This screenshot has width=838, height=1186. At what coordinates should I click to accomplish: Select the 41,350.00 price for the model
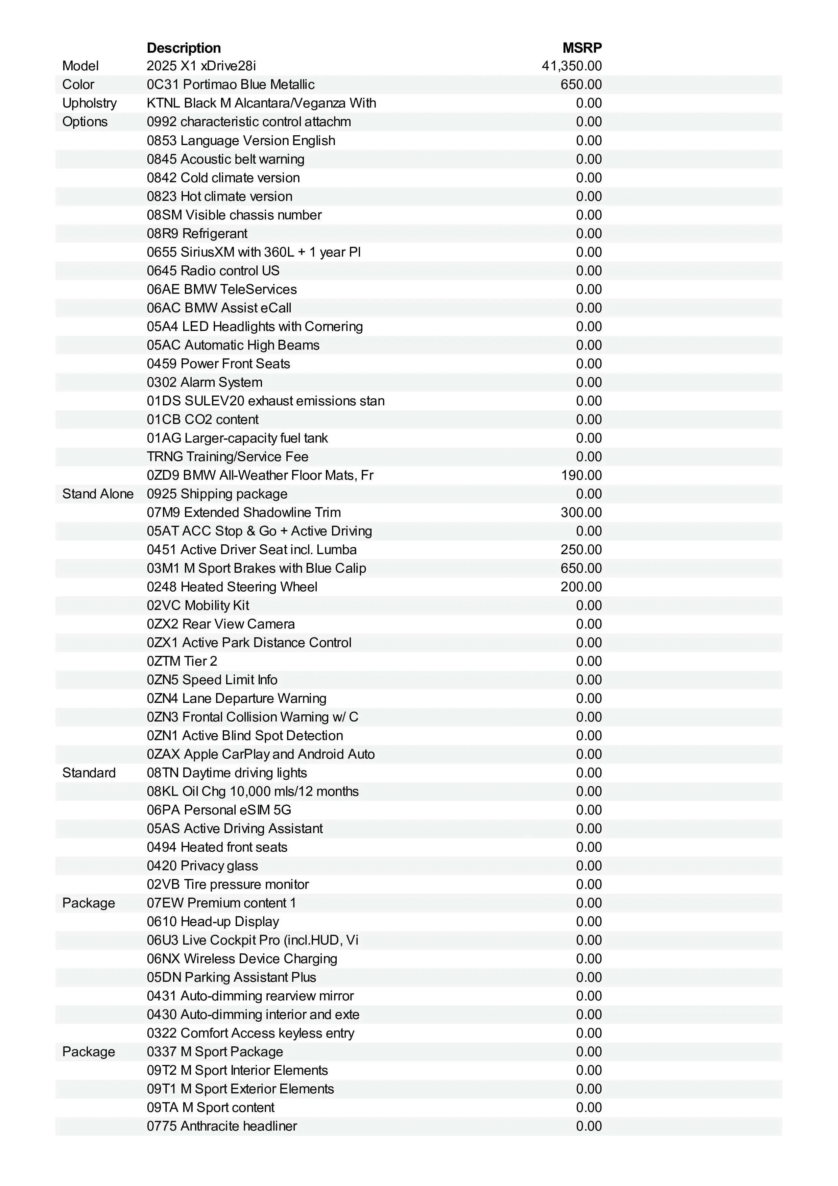click(x=572, y=66)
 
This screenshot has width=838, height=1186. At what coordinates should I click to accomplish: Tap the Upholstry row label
click(x=89, y=103)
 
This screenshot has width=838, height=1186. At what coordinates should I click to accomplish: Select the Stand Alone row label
click(x=98, y=494)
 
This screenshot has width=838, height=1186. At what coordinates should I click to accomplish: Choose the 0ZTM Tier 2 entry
click(x=182, y=661)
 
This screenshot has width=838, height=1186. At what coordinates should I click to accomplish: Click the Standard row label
click(x=89, y=773)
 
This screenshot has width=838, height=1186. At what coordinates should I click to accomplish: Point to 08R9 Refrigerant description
click(x=197, y=234)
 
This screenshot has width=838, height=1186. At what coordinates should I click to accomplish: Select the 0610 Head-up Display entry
click(x=213, y=922)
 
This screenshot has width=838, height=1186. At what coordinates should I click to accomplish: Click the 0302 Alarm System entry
click(x=205, y=382)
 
